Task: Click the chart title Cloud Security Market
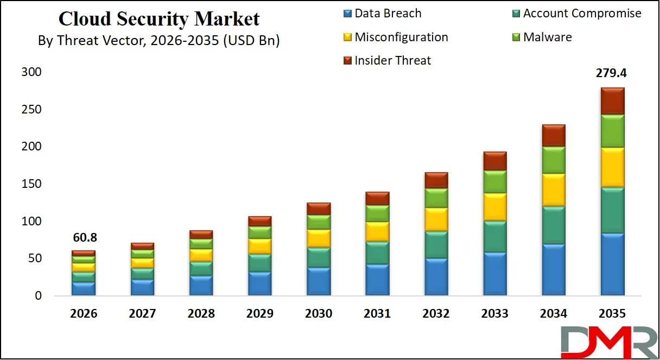click(159, 19)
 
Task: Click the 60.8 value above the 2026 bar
click(84, 238)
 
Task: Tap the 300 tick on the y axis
click(30, 72)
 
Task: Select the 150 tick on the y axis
click(30, 184)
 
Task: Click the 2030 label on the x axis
click(319, 313)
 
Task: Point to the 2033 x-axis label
click(495, 313)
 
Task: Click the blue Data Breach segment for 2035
click(613, 264)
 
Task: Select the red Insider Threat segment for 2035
click(613, 101)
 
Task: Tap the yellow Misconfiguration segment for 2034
click(554, 190)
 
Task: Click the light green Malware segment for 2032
click(436, 198)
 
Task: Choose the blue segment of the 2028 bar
click(201, 286)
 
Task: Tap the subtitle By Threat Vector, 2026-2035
click(159, 41)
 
